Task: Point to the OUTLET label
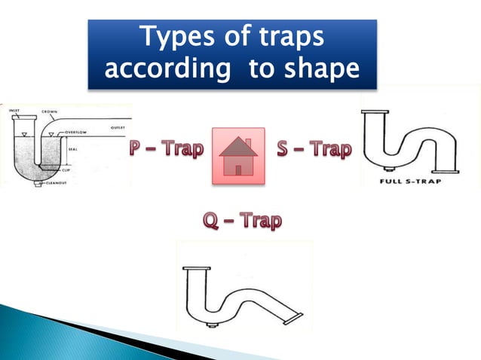(x=118, y=127)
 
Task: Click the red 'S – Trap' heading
(x=313, y=149)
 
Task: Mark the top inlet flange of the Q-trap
(x=197, y=269)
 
